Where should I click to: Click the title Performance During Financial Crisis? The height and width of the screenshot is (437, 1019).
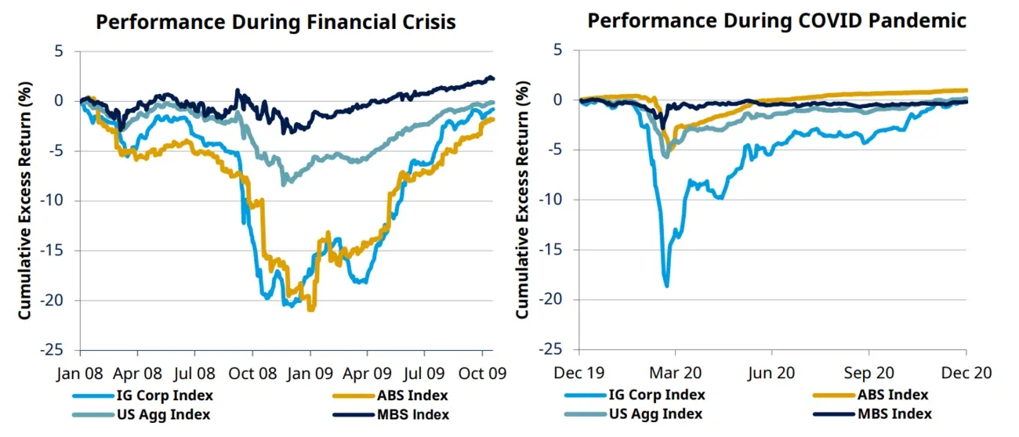coord(275,21)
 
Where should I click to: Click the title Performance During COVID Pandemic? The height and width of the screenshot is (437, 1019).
coord(777,20)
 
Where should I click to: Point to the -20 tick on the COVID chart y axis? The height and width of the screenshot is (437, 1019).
coord(559,300)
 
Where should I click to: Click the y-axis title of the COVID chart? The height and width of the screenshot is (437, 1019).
coord(522,200)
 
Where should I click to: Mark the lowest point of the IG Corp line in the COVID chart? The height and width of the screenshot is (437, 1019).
coord(667,286)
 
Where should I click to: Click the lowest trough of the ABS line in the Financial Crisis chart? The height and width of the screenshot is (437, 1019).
coord(312,310)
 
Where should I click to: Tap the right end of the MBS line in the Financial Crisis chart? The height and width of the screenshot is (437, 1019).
coord(493,78)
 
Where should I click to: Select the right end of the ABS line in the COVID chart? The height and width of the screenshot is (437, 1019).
coord(966,90)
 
